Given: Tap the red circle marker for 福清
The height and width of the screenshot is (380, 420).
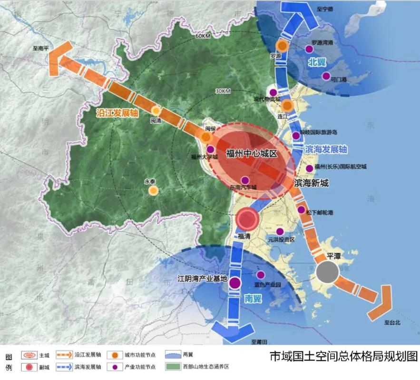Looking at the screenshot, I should coord(247,220).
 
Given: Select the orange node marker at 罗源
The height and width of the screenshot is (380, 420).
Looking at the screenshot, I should coord(282,46).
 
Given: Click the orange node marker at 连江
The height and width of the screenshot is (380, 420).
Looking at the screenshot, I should coord(287,106).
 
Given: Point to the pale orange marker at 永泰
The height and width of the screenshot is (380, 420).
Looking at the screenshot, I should coord(153,190).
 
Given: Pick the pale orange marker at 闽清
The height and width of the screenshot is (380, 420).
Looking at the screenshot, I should coord(156,110).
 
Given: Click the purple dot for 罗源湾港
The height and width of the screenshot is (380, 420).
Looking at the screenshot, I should coord(309,49).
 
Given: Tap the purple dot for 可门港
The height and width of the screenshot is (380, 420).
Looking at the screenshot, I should coord(326,76).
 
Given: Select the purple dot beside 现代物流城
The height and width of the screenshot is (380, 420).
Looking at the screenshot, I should coord(273,92).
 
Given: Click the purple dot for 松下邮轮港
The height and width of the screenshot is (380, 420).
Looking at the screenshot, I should coord(301,210).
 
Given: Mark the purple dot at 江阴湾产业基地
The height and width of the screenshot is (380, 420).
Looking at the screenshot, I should coord(234,283).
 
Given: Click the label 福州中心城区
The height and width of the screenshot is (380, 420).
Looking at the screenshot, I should coord(252,153).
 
